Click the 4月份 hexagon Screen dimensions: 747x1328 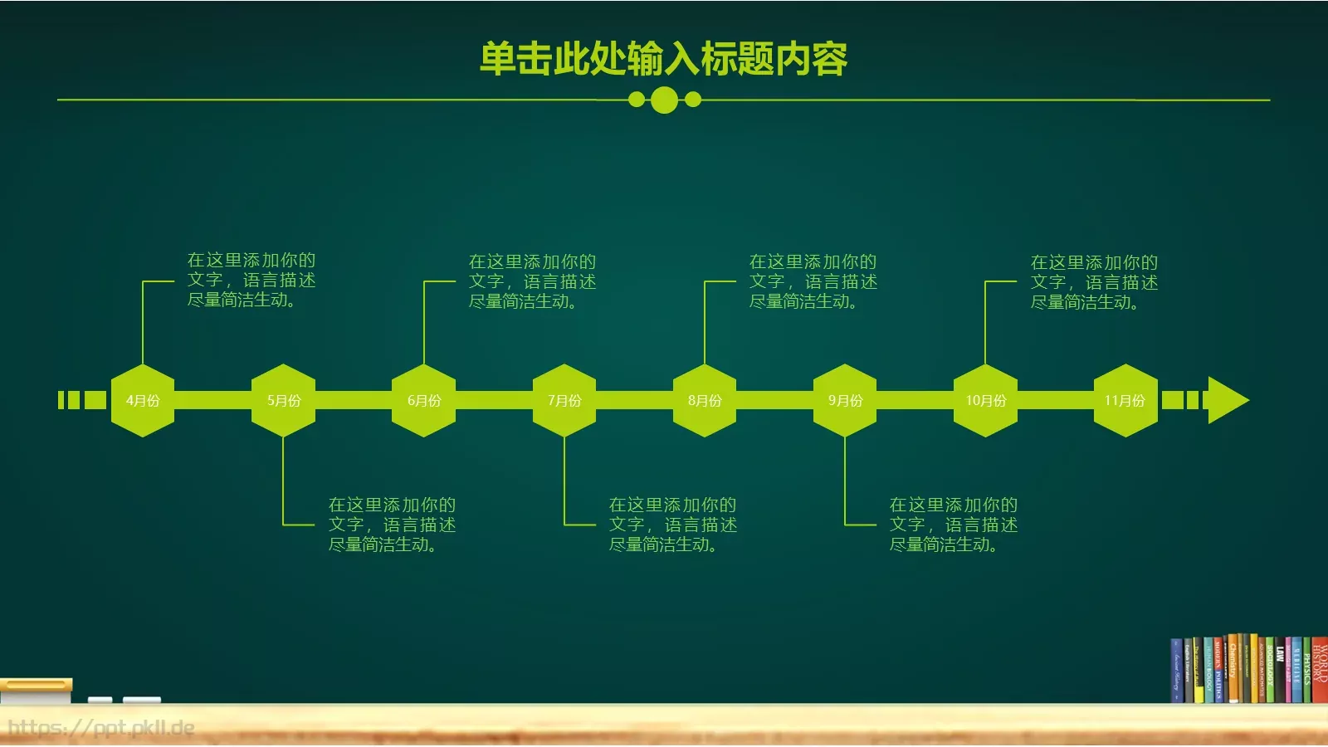click(143, 400)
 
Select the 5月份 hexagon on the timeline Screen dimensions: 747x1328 click(283, 400)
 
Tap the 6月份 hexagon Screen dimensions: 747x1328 click(423, 400)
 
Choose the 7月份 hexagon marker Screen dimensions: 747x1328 click(564, 400)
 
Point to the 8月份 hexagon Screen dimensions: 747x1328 click(704, 400)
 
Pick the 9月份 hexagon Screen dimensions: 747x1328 click(845, 400)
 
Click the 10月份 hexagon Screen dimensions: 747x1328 click(985, 400)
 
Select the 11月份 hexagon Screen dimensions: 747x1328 click(1125, 400)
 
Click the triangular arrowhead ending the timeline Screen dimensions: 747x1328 click(1226, 400)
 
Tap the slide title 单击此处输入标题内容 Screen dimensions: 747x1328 click(664, 59)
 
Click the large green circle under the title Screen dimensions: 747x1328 click(664, 100)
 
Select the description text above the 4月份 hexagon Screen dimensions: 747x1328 click(251, 280)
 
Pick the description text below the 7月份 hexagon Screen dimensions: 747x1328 click(672, 525)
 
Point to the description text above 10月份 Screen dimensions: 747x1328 click(1094, 282)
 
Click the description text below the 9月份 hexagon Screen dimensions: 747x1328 click(953, 525)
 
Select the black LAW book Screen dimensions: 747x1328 click(1280, 672)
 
